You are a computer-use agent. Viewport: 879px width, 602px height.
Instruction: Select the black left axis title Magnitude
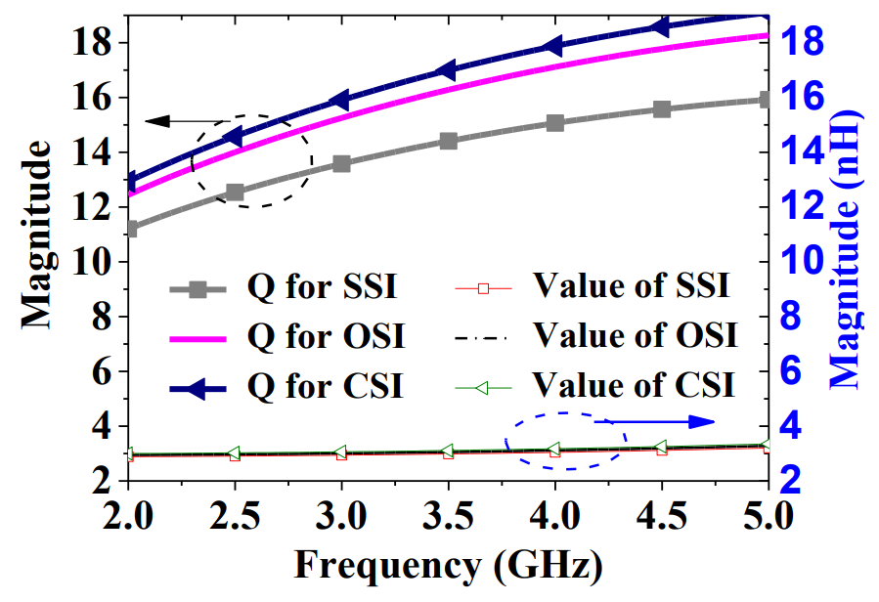point(37,234)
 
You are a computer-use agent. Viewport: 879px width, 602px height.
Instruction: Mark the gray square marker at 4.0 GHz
point(555,123)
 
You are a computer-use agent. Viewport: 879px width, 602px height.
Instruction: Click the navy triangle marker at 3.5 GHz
point(447,69)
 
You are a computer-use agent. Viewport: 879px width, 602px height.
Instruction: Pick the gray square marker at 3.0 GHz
point(341,163)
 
